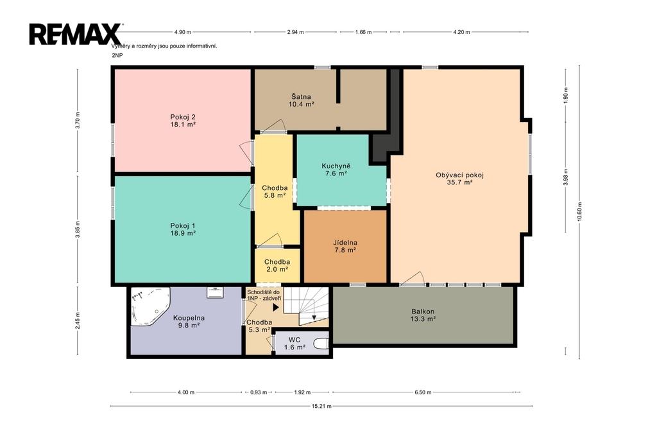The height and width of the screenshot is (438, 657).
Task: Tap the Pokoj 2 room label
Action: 183,117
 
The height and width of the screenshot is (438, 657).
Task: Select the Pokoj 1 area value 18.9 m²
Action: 183,233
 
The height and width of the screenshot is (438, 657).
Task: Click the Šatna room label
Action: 302,96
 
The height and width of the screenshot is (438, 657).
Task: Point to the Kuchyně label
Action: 336,166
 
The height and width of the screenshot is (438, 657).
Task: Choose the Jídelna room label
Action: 345,243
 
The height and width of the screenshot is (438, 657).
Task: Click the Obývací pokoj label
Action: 459,175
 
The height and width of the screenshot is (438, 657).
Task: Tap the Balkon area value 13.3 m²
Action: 423,319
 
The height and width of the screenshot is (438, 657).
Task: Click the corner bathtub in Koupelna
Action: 148,306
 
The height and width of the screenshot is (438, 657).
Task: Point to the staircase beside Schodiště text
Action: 306,306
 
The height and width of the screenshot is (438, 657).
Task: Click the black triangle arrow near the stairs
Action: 276,308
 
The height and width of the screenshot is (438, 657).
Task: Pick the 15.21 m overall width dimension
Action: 321,406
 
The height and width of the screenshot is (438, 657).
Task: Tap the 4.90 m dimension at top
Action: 183,32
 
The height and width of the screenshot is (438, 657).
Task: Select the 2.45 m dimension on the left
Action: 78,321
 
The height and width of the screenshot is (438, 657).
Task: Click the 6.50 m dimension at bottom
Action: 423,392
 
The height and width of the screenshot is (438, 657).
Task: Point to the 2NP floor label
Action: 117,55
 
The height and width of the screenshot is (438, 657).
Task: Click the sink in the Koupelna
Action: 215,292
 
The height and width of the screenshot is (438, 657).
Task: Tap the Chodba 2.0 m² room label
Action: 277,266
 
